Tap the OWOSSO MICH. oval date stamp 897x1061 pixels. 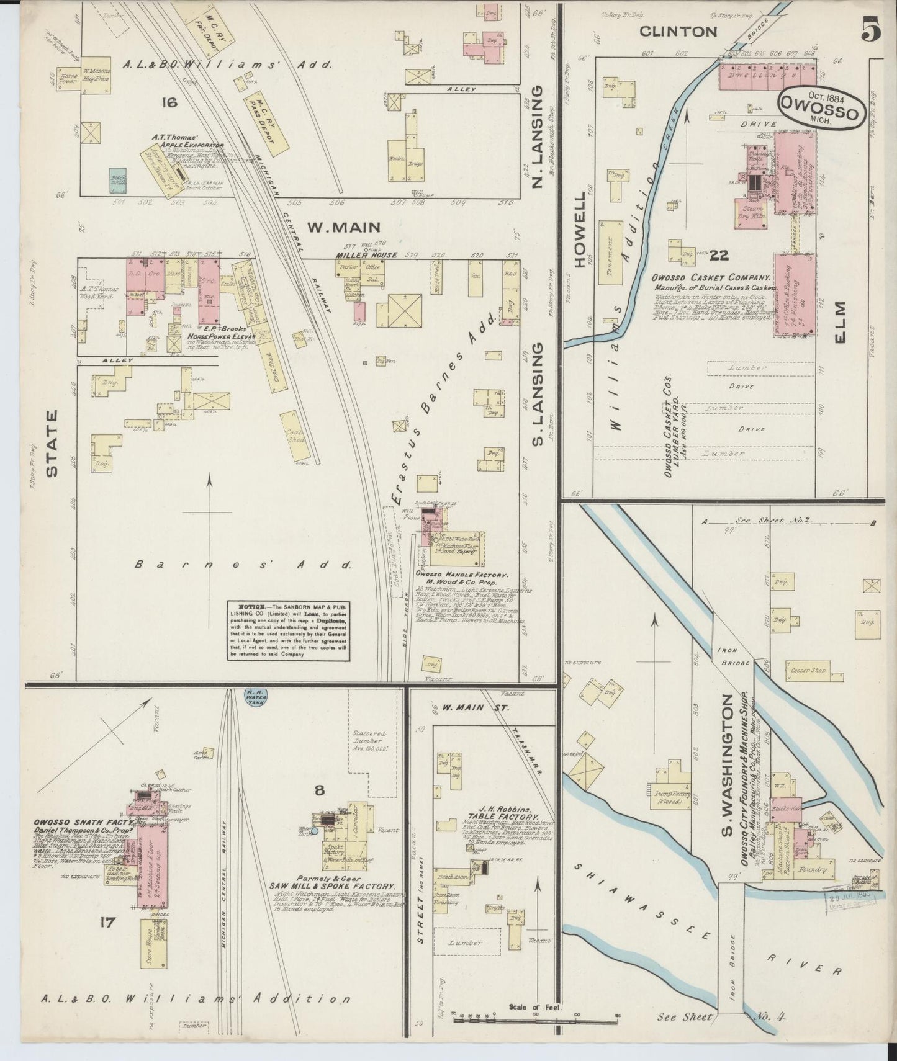[819, 109]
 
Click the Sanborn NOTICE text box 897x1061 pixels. [287, 630]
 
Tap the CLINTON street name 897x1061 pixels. [678, 31]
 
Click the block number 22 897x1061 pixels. [719, 254]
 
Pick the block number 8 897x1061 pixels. [319, 790]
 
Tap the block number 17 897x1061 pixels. [107, 923]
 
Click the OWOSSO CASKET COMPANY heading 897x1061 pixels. [711, 279]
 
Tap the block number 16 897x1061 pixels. [168, 102]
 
